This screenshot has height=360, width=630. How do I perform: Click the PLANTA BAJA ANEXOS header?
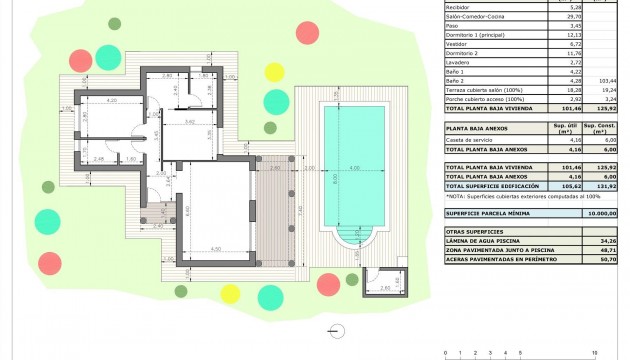(x=477, y=128)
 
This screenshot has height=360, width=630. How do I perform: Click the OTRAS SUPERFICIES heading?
(x=474, y=231)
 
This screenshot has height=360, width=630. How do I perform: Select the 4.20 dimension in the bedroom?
(x=112, y=101)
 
